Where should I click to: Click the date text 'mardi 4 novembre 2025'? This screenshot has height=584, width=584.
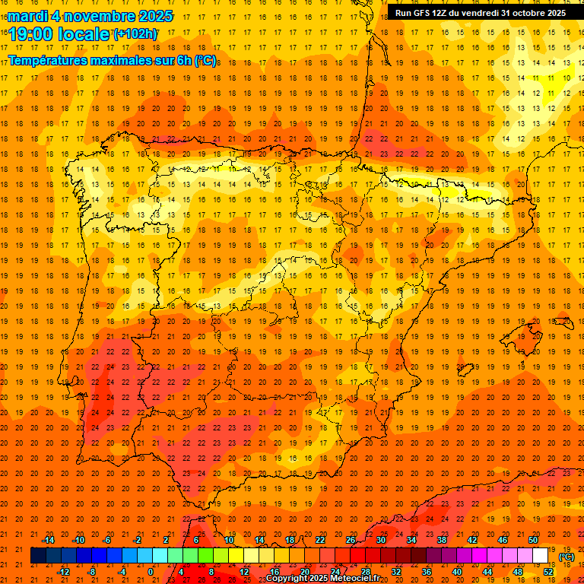tap(90, 16)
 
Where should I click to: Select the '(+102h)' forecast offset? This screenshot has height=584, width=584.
tap(135, 33)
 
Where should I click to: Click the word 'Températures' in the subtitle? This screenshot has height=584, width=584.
tap(46, 60)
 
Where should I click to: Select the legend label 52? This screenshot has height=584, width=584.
tap(548, 571)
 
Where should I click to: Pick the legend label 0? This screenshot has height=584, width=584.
tap(151, 571)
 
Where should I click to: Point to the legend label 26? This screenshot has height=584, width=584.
tap(351, 540)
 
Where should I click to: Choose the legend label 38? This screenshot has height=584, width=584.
tap(442, 540)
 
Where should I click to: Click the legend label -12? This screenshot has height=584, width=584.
tap(63, 571)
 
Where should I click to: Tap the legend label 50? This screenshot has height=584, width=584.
tap(533, 540)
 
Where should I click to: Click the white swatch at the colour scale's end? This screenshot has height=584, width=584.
tap(541, 556)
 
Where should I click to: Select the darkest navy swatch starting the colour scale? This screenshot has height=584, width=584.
tap(38, 556)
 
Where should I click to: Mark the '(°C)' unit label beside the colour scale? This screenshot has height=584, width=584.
tap(567, 557)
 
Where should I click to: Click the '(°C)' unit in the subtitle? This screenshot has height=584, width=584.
tap(205, 60)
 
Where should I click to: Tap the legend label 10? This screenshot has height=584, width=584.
tap(229, 540)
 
